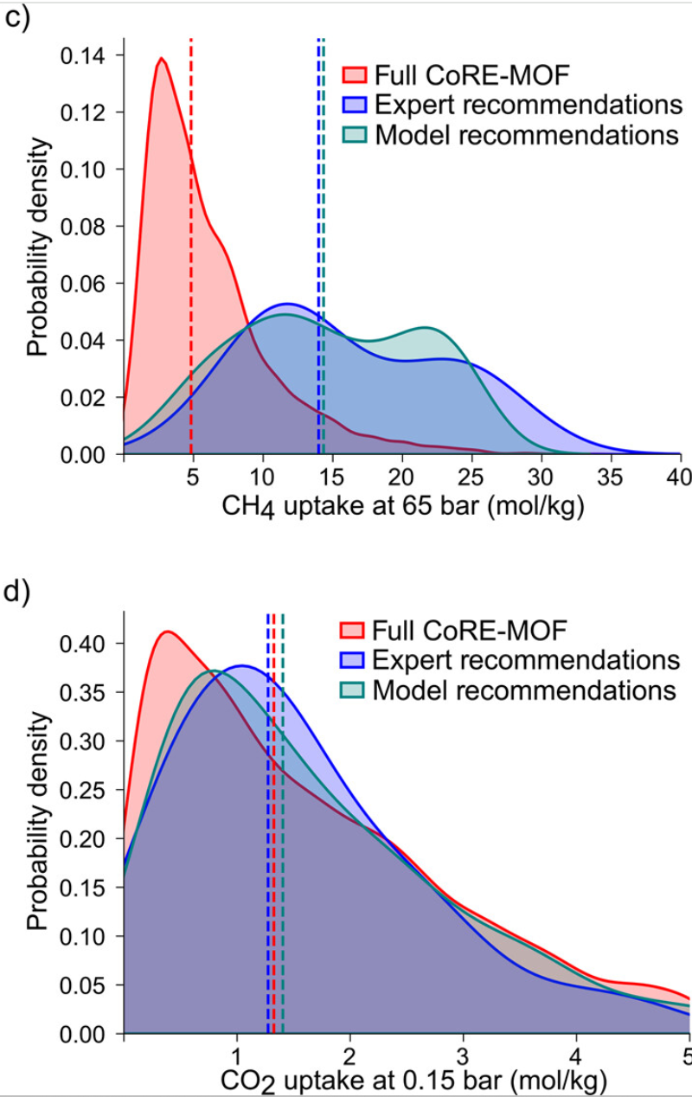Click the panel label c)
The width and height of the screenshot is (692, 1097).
17,19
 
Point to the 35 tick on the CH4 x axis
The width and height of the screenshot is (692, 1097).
611,478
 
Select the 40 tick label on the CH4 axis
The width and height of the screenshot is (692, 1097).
679,478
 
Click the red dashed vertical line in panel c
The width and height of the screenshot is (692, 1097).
190,260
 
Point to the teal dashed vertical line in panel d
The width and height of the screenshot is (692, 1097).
283,822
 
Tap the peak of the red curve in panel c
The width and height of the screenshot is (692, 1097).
161,59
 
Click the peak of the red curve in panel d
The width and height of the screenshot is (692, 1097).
167,632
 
